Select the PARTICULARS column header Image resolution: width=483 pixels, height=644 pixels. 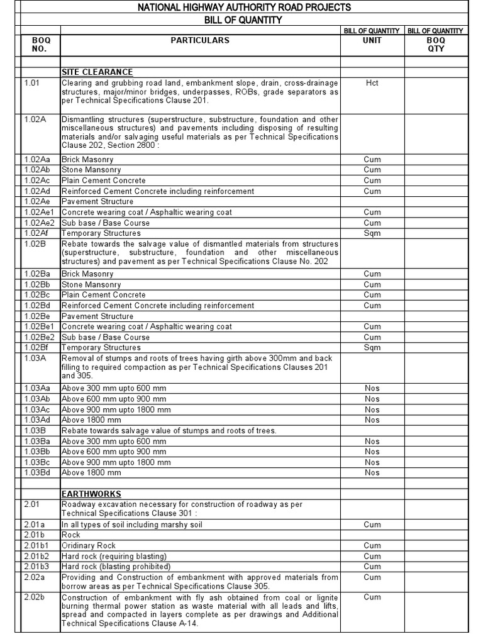tap(200, 40)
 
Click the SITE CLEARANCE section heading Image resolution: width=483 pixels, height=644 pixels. tap(97, 72)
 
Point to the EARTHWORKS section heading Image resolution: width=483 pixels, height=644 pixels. tap(91, 494)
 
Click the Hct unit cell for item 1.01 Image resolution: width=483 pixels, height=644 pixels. tap(372, 82)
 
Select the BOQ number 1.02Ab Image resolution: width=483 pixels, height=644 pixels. tap(38, 170)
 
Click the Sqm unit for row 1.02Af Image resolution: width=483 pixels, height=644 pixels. tap(372, 233)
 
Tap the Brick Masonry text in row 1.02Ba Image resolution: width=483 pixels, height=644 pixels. tap(87, 274)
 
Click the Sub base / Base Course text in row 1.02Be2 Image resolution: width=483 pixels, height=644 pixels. tap(106, 337)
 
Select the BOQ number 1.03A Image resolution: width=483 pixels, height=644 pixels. tap(35, 358)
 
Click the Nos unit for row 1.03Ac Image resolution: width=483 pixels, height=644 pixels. tap(372, 409)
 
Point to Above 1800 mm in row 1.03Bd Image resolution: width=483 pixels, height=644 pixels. tap(91, 472)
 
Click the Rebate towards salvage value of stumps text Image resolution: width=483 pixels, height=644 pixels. tap(169, 430)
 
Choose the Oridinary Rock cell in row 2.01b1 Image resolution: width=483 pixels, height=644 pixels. tap(89, 546)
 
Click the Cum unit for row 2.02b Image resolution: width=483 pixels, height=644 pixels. tap(372, 597)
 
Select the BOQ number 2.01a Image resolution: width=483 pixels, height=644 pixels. tap(35, 525)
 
